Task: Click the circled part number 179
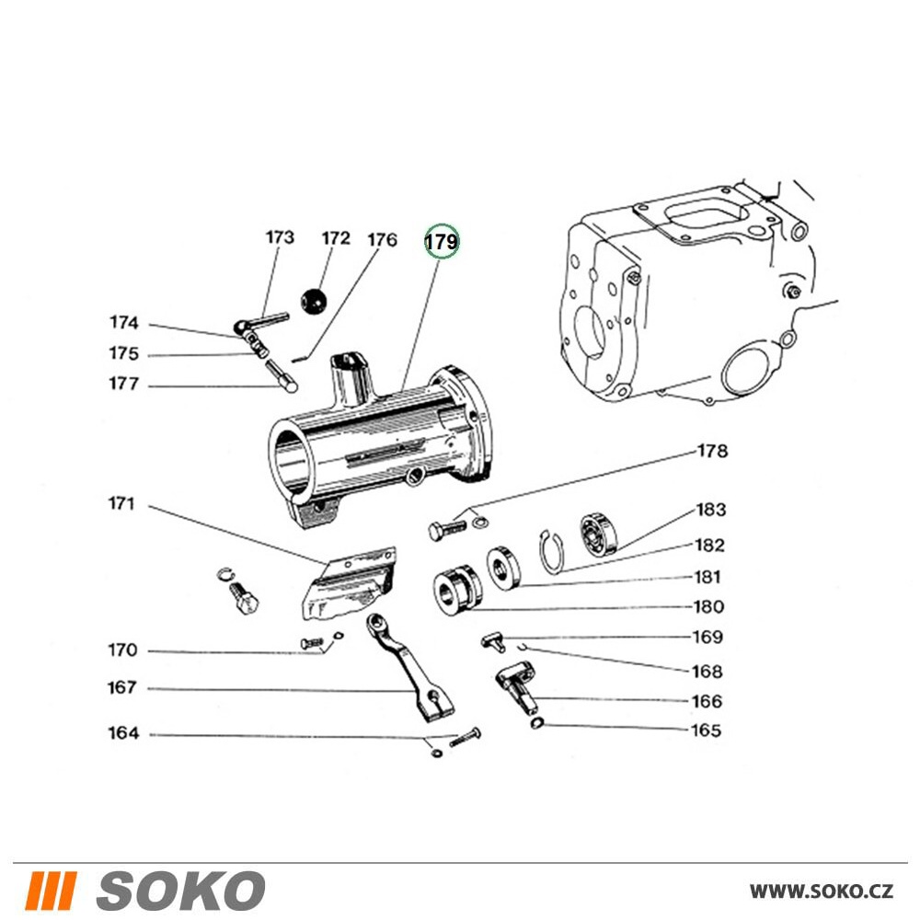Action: (441, 242)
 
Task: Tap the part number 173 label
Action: (280, 237)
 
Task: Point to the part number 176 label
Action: (382, 240)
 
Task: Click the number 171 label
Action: (121, 504)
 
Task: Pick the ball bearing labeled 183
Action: (596, 534)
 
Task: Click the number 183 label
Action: (710, 510)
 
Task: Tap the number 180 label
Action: (708, 607)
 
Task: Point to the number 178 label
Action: (712, 452)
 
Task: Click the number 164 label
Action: (122, 734)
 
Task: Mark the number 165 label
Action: (707, 731)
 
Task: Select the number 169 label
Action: (707, 637)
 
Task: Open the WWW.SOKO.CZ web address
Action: (821, 891)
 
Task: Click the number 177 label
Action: (122, 385)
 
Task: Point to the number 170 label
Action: (121, 651)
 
